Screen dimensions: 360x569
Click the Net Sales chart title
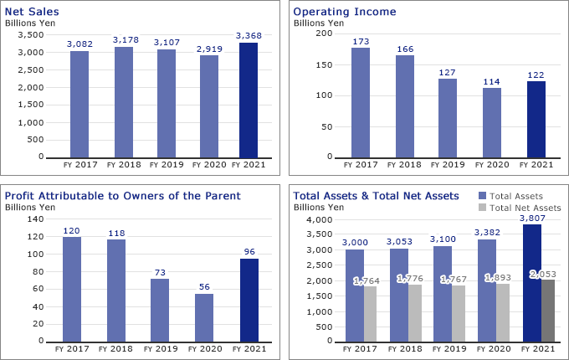point(32,12)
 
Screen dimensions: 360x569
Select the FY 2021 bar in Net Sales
point(249,100)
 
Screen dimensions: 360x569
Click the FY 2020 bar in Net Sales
point(208,106)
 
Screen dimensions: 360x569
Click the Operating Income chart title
point(344,12)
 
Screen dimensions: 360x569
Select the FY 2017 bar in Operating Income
point(361,103)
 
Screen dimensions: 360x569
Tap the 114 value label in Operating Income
point(492,81)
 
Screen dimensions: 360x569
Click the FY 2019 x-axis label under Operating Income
point(448,165)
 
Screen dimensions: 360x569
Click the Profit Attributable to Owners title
point(122,196)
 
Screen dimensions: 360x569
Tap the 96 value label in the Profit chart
point(249,250)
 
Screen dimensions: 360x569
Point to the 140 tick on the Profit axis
point(35,219)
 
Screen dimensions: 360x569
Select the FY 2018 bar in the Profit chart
point(116,291)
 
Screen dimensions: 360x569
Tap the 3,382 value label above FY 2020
point(488,232)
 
